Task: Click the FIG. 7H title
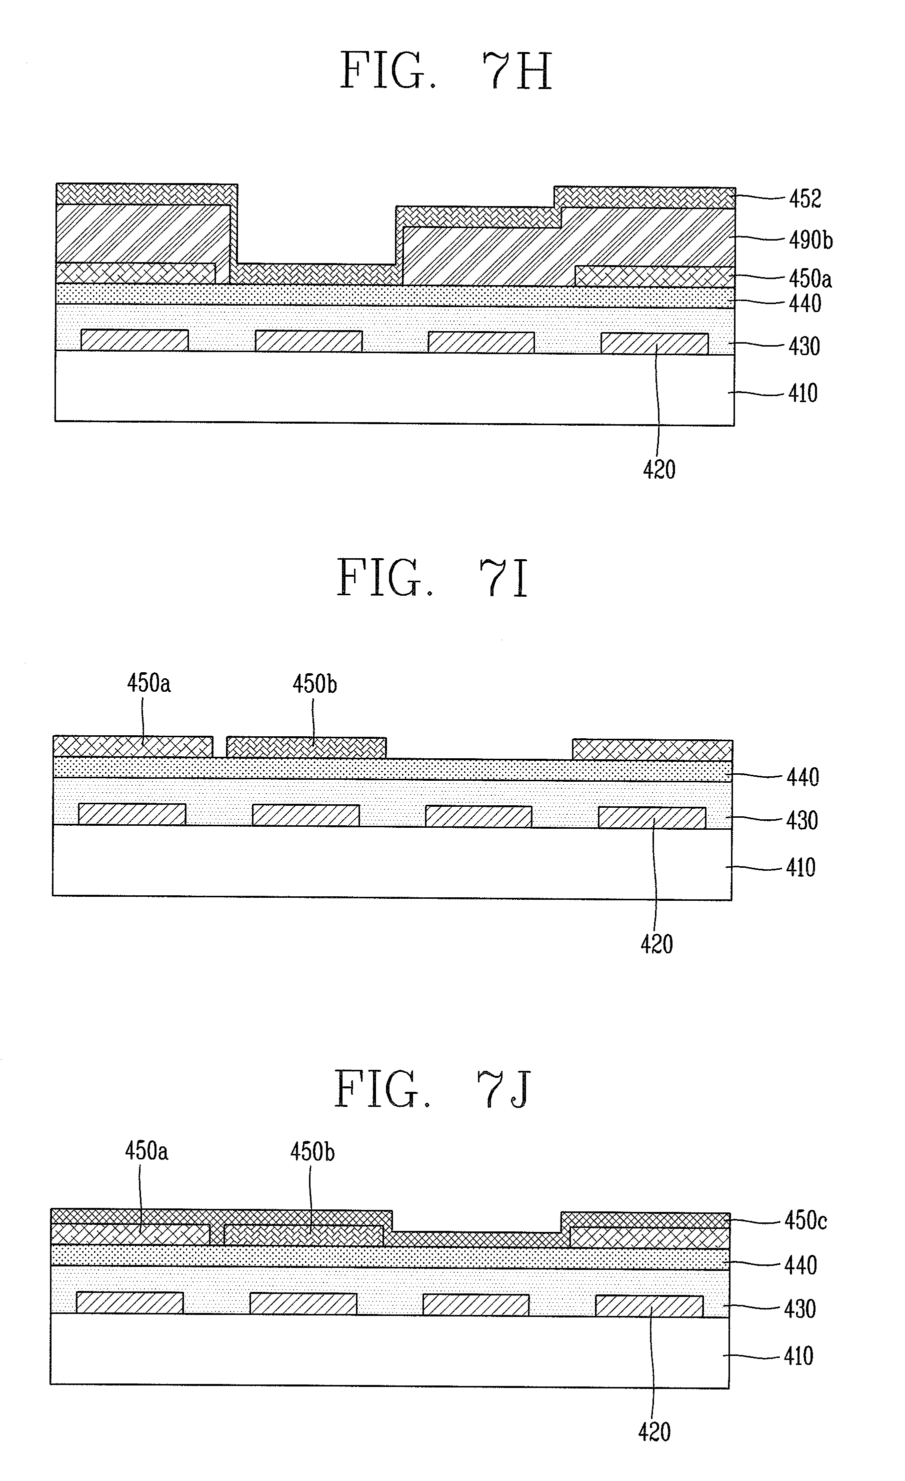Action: [x=446, y=71]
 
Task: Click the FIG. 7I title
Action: [x=432, y=578]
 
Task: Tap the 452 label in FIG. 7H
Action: [x=804, y=199]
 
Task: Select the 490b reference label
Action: [x=810, y=241]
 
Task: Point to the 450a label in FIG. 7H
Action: [x=810, y=279]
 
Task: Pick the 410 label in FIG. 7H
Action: [x=803, y=393]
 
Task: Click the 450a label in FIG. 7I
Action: [x=148, y=683]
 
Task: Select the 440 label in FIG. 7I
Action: [x=803, y=777]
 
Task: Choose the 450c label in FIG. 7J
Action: [x=805, y=1221]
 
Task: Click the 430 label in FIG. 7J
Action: [x=800, y=1308]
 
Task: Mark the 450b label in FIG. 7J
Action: [x=312, y=1151]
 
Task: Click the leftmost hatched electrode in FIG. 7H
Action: [x=134, y=340]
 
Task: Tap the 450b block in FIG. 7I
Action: [x=306, y=747]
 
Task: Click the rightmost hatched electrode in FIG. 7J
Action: [x=649, y=1306]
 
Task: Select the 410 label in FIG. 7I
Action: [x=801, y=867]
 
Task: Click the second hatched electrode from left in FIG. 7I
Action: [x=306, y=815]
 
